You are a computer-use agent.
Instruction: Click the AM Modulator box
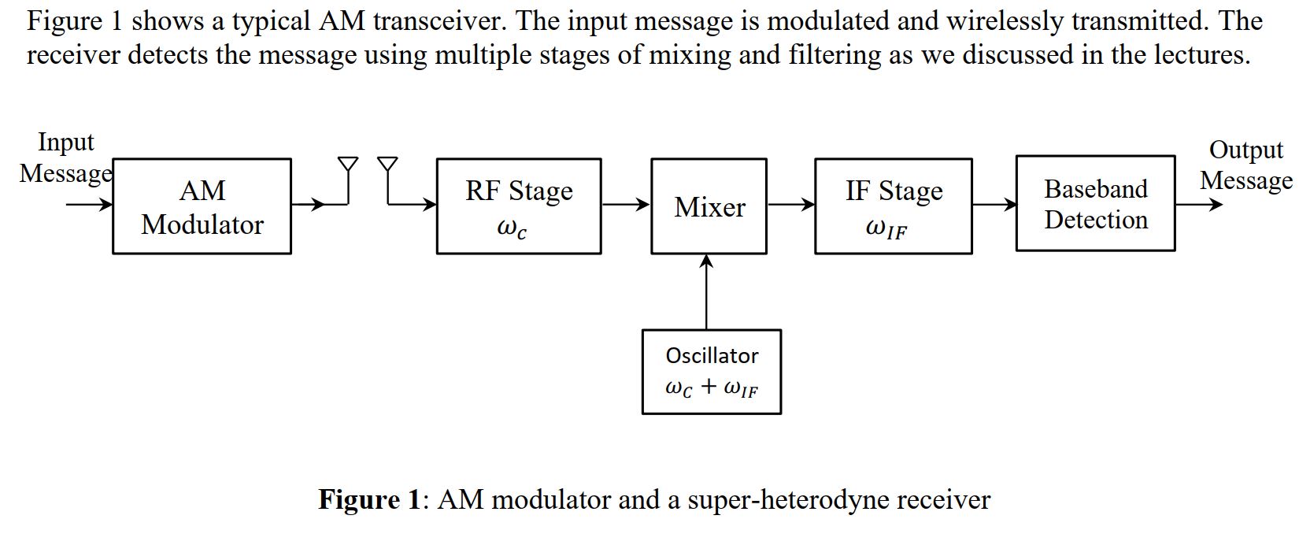[x=202, y=206]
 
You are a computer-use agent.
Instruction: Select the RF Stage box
[x=519, y=206]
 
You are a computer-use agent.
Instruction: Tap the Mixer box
[x=709, y=206]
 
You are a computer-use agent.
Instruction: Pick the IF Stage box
[x=893, y=206]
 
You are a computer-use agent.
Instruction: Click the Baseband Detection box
[x=1095, y=204]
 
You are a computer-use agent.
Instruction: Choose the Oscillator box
[x=712, y=372]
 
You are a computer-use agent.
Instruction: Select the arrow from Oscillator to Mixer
[x=706, y=291]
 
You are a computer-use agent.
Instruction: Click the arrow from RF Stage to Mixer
[x=626, y=205]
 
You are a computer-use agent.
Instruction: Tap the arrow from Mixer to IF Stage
[x=790, y=205]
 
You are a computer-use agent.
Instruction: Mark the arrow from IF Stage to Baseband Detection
[x=994, y=205]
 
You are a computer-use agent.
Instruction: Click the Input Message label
[x=66, y=158]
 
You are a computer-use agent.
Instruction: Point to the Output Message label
[x=1245, y=165]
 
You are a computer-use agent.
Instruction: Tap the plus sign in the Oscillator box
[x=709, y=387]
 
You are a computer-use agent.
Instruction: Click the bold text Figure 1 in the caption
[x=370, y=499]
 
